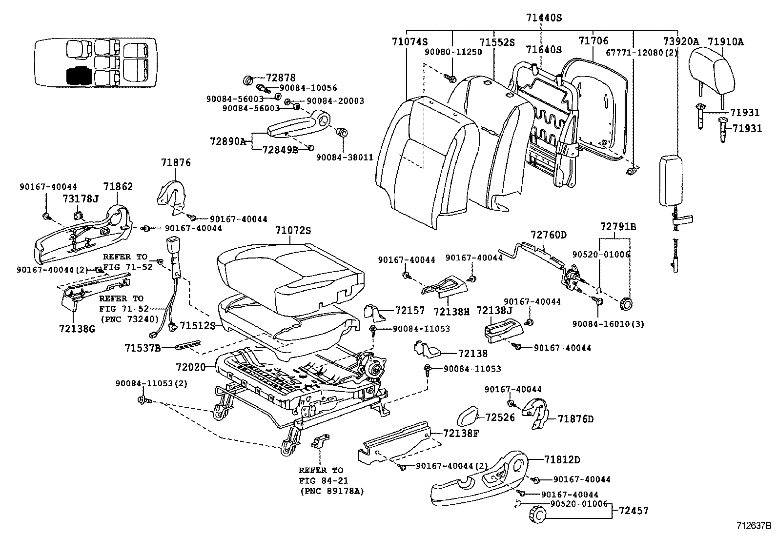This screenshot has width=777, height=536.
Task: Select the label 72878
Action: click(281, 78)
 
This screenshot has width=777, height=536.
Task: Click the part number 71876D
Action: click(576, 419)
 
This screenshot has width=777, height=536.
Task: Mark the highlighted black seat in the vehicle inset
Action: click(78, 76)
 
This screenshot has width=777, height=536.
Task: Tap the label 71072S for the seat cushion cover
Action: click(292, 231)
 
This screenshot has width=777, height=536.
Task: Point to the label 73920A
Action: click(680, 42)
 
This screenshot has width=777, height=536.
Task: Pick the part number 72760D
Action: click(549, 235)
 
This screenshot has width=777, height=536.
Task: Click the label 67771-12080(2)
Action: click(641, 53)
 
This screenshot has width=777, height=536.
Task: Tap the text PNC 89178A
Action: click(332, 491)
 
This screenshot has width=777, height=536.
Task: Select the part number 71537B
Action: click(143, 347)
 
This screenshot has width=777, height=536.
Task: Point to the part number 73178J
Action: click(81, 199)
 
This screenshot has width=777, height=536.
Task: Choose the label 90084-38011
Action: click(345, 158)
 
